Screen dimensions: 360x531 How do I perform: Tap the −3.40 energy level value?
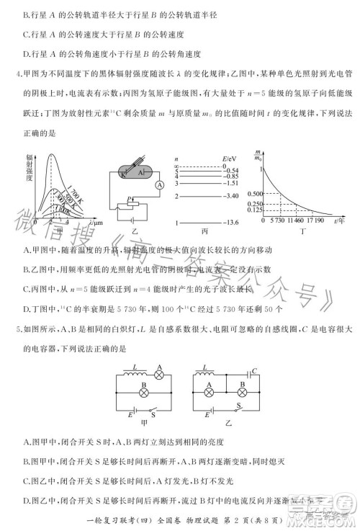(x=230, y=195)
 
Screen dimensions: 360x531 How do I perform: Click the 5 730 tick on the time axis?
(x=275, y=222)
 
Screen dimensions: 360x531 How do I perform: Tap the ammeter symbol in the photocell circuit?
(x=159, y=184)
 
